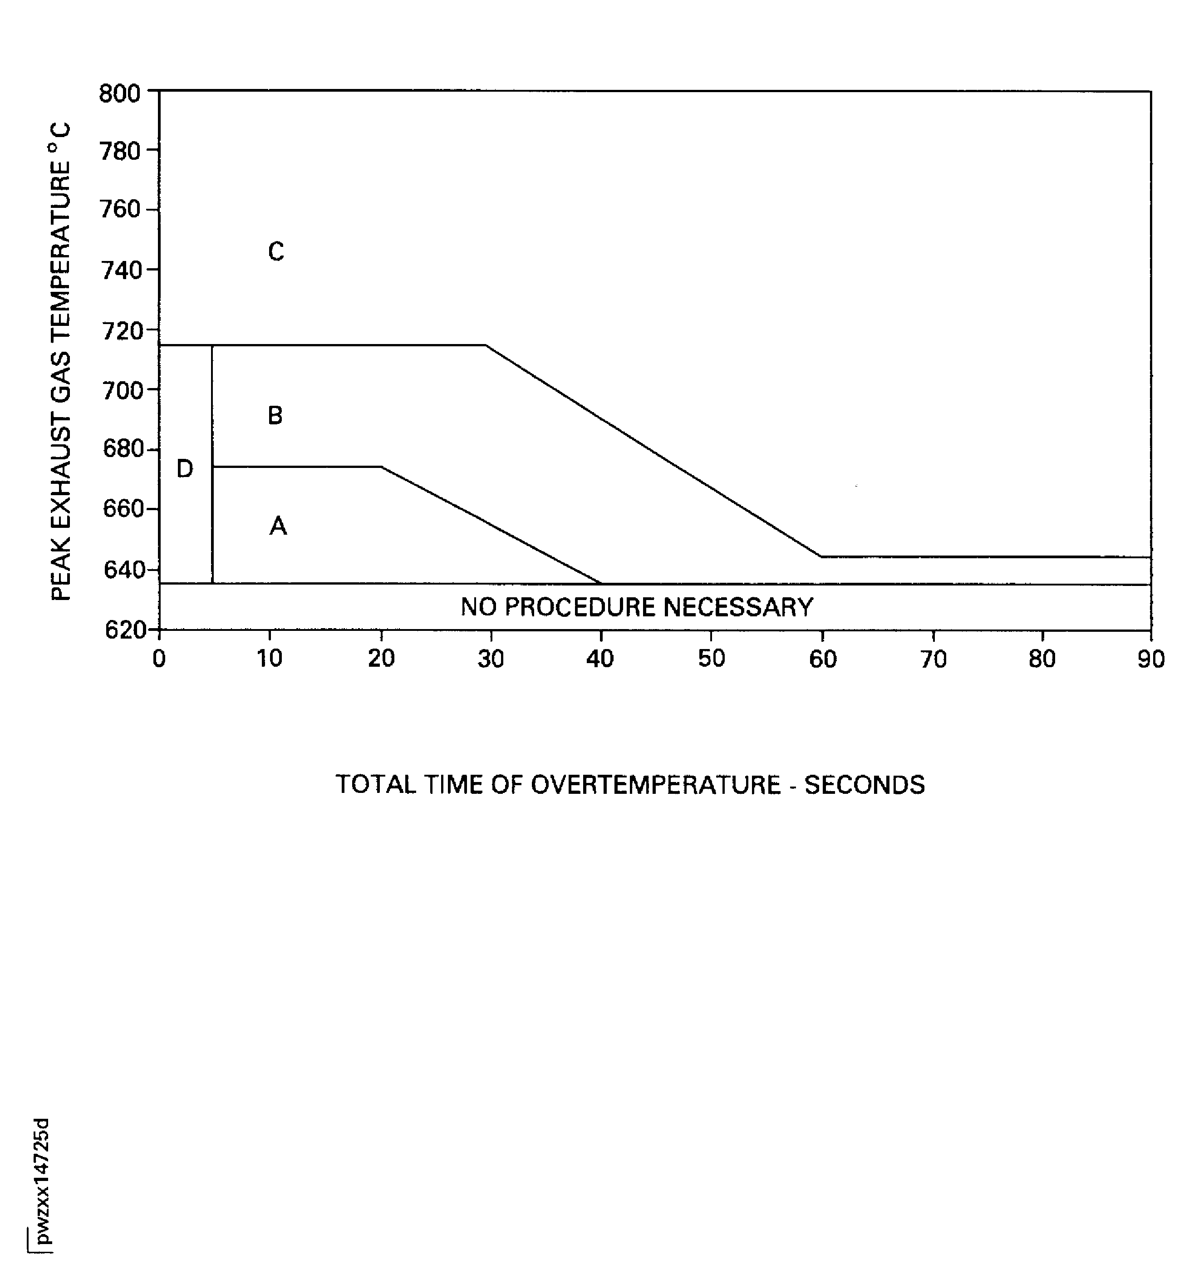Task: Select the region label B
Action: [x=275, y=415]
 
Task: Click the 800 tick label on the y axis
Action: [x=120, y=93]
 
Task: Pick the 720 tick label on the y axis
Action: [x=122, y=331]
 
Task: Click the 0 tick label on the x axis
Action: [x=159, y=658]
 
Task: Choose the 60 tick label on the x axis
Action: [x=823, y=658]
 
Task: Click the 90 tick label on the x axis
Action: [x=1151, y=658]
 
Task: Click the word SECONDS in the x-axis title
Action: [x=865, y=785]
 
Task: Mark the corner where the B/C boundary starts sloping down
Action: [x=486, y=345]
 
